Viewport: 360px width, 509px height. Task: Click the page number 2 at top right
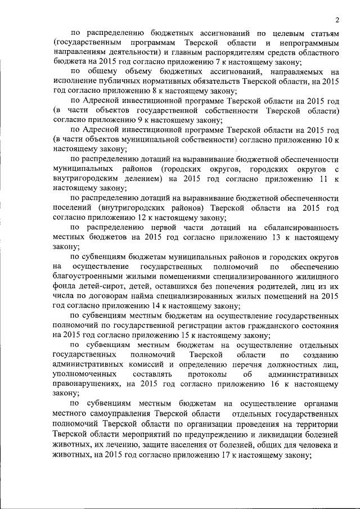point(337,20)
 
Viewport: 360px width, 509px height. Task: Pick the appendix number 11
point(322,178)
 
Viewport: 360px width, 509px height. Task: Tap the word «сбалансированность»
point(299,227)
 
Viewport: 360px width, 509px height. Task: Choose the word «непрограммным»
point(308,43)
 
